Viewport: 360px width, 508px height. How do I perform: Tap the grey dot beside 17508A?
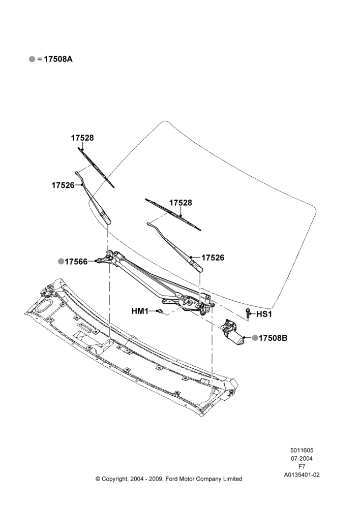click(x=32, y=59)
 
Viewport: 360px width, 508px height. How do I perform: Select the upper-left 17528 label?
click(x=82, y=138)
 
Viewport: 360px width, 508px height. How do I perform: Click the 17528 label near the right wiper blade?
click(x=181, y=203)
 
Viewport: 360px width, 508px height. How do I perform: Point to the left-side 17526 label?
click(x=63, y=185)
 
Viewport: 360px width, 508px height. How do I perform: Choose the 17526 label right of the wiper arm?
click(x=213, y=258)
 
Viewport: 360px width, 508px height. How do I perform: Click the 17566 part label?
click(x=76, y=262)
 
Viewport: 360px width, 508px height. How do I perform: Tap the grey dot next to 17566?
click(x=61, y=261)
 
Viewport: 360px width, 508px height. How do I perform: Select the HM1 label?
click(x=140, y=311)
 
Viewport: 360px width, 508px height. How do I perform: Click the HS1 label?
click(x=264, y=314)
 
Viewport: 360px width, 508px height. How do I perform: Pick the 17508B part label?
click(x=273, y=338)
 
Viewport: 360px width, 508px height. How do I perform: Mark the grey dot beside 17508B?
click(x=255, y=338)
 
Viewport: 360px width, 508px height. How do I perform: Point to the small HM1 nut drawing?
click(x=159, y=311)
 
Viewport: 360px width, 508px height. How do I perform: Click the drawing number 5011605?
click(x=302, y=450)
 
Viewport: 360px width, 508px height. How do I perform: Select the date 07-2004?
click(x=302, y=458)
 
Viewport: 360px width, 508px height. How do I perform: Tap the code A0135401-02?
click(x=302, y=475)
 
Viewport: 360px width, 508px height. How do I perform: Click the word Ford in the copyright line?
click(x=172, y=479)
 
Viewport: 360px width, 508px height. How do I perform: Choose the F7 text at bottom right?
click(x=302, y=467)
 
